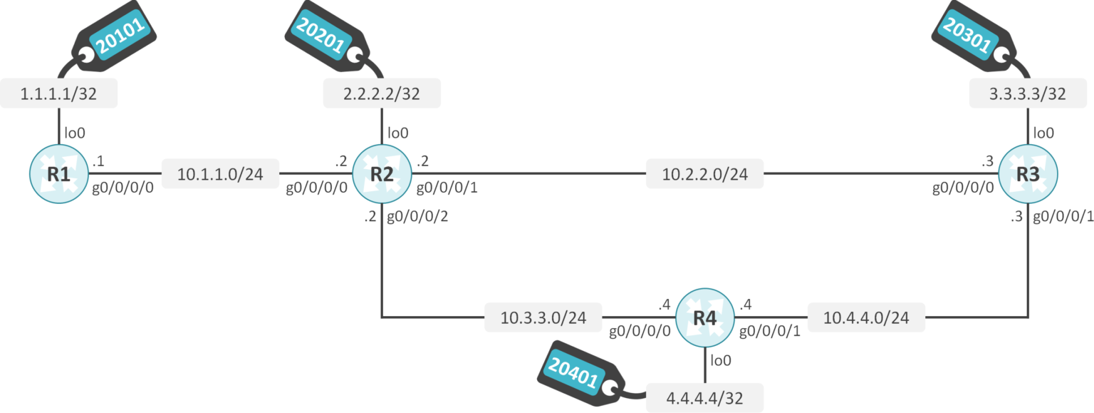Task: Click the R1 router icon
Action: (59, 173)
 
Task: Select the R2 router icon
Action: (382, 173)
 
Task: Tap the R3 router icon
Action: (1027, 173)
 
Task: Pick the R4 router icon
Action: (704, 317)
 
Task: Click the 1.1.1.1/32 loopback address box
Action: (58, 93)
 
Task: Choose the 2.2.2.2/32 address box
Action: (382, 93)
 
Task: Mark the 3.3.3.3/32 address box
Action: (1028, 93)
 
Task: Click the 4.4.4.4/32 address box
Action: (704, 398)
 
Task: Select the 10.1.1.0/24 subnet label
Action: (220, 174)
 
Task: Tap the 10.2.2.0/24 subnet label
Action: (704, 174)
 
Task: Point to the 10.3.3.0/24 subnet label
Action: (543, 317)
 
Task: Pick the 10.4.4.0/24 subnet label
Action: (866, 317)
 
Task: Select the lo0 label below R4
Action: (721, 361)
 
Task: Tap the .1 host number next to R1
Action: (98, 161)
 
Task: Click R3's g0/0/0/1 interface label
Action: (1063, 217)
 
